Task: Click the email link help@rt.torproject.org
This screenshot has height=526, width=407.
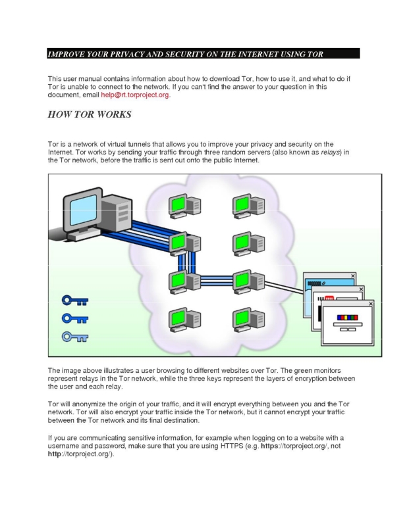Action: [135, 95]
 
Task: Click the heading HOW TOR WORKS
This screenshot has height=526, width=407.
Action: [90, 114]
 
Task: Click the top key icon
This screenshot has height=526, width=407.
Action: [75, 300]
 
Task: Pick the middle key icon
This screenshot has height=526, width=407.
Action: [75, 318]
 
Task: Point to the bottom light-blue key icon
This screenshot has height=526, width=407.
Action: [75, 337]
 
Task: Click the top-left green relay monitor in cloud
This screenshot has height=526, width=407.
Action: [177, 204]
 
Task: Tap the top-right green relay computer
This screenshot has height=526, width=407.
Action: [248, 206]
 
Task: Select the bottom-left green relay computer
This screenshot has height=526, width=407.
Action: [184, 320]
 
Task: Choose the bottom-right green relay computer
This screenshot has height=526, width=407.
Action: [248, 320]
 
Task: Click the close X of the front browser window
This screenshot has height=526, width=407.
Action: [371, 304]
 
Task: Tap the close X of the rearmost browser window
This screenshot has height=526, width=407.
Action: [353, 275]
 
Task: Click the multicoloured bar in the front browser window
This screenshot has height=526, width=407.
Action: [348, 318]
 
